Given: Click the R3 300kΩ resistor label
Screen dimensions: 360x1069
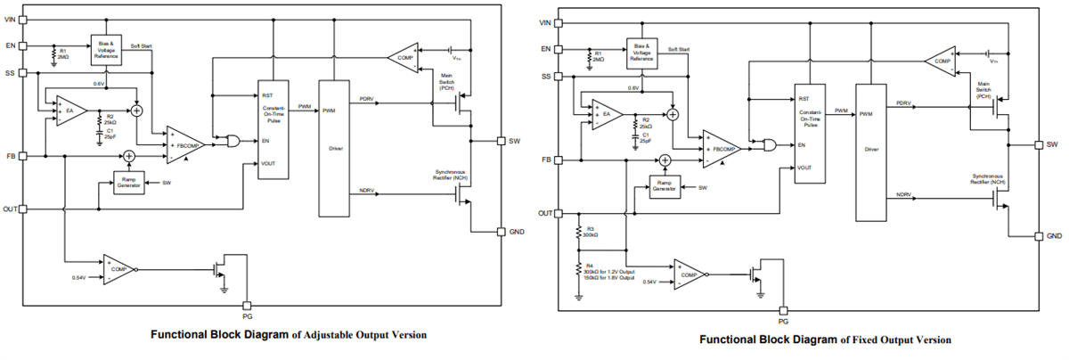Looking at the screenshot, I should coord(590,233).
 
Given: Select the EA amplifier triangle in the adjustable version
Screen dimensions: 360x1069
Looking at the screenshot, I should coord(69,112).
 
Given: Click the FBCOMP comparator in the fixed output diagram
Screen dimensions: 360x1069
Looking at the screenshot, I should coord(721,150).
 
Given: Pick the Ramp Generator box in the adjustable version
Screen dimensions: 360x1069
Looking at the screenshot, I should coord(128,183).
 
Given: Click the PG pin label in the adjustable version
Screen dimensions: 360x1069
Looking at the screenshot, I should coord(248,315).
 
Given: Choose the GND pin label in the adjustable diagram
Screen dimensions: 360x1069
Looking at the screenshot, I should coord(517,231).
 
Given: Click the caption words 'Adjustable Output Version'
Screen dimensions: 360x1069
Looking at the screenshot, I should coord(365,335).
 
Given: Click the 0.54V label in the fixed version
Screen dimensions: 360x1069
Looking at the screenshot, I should coord(649,282).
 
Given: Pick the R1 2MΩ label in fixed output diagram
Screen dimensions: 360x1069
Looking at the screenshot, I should coord(599,58).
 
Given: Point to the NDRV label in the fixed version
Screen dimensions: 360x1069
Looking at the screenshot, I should coord(903,196).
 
